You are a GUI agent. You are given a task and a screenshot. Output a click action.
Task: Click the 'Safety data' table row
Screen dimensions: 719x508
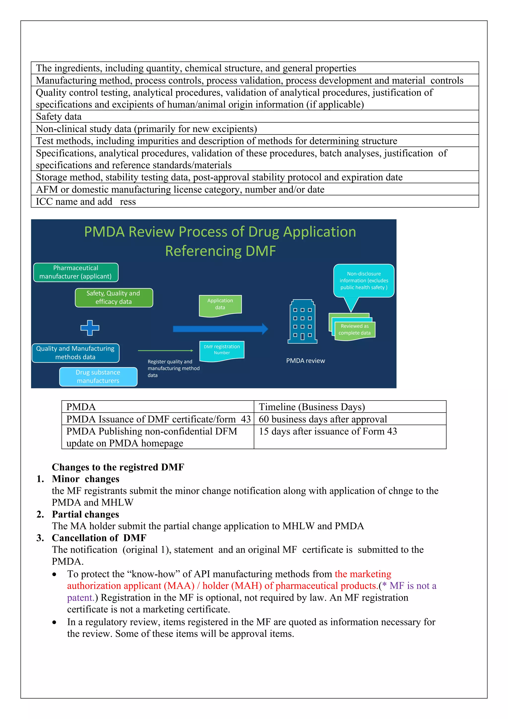click(59, 116)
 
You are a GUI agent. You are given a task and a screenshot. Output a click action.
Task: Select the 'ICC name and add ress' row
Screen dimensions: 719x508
click(86, 201)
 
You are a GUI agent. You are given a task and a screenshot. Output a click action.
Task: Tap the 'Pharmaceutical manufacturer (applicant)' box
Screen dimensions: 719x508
click(75, 272)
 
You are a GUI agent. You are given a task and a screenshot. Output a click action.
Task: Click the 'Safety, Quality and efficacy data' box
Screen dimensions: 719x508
click(114, 298)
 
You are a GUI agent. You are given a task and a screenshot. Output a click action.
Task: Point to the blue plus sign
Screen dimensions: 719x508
click(90, 328)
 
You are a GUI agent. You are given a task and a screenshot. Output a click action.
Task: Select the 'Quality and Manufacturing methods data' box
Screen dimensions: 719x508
click(75, 353)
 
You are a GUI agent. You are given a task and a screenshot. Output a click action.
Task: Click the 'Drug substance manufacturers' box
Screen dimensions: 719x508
click(98, 377)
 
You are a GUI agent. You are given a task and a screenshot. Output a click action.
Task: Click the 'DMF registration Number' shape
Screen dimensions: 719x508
click(222, 350)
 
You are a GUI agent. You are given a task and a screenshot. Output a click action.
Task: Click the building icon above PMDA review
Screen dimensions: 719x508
click(302, 322)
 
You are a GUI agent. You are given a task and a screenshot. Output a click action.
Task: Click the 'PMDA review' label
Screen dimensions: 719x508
click(306, 361)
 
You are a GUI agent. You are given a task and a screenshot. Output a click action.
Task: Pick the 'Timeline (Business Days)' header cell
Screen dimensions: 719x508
click(312, 407)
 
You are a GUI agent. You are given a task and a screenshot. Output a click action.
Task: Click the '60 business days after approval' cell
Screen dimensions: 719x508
click(323, 419)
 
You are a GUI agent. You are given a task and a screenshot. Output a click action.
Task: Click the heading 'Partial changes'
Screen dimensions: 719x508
click(85, 514)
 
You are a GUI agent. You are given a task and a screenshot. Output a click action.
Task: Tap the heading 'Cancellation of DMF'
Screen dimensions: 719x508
click(99, 538)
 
